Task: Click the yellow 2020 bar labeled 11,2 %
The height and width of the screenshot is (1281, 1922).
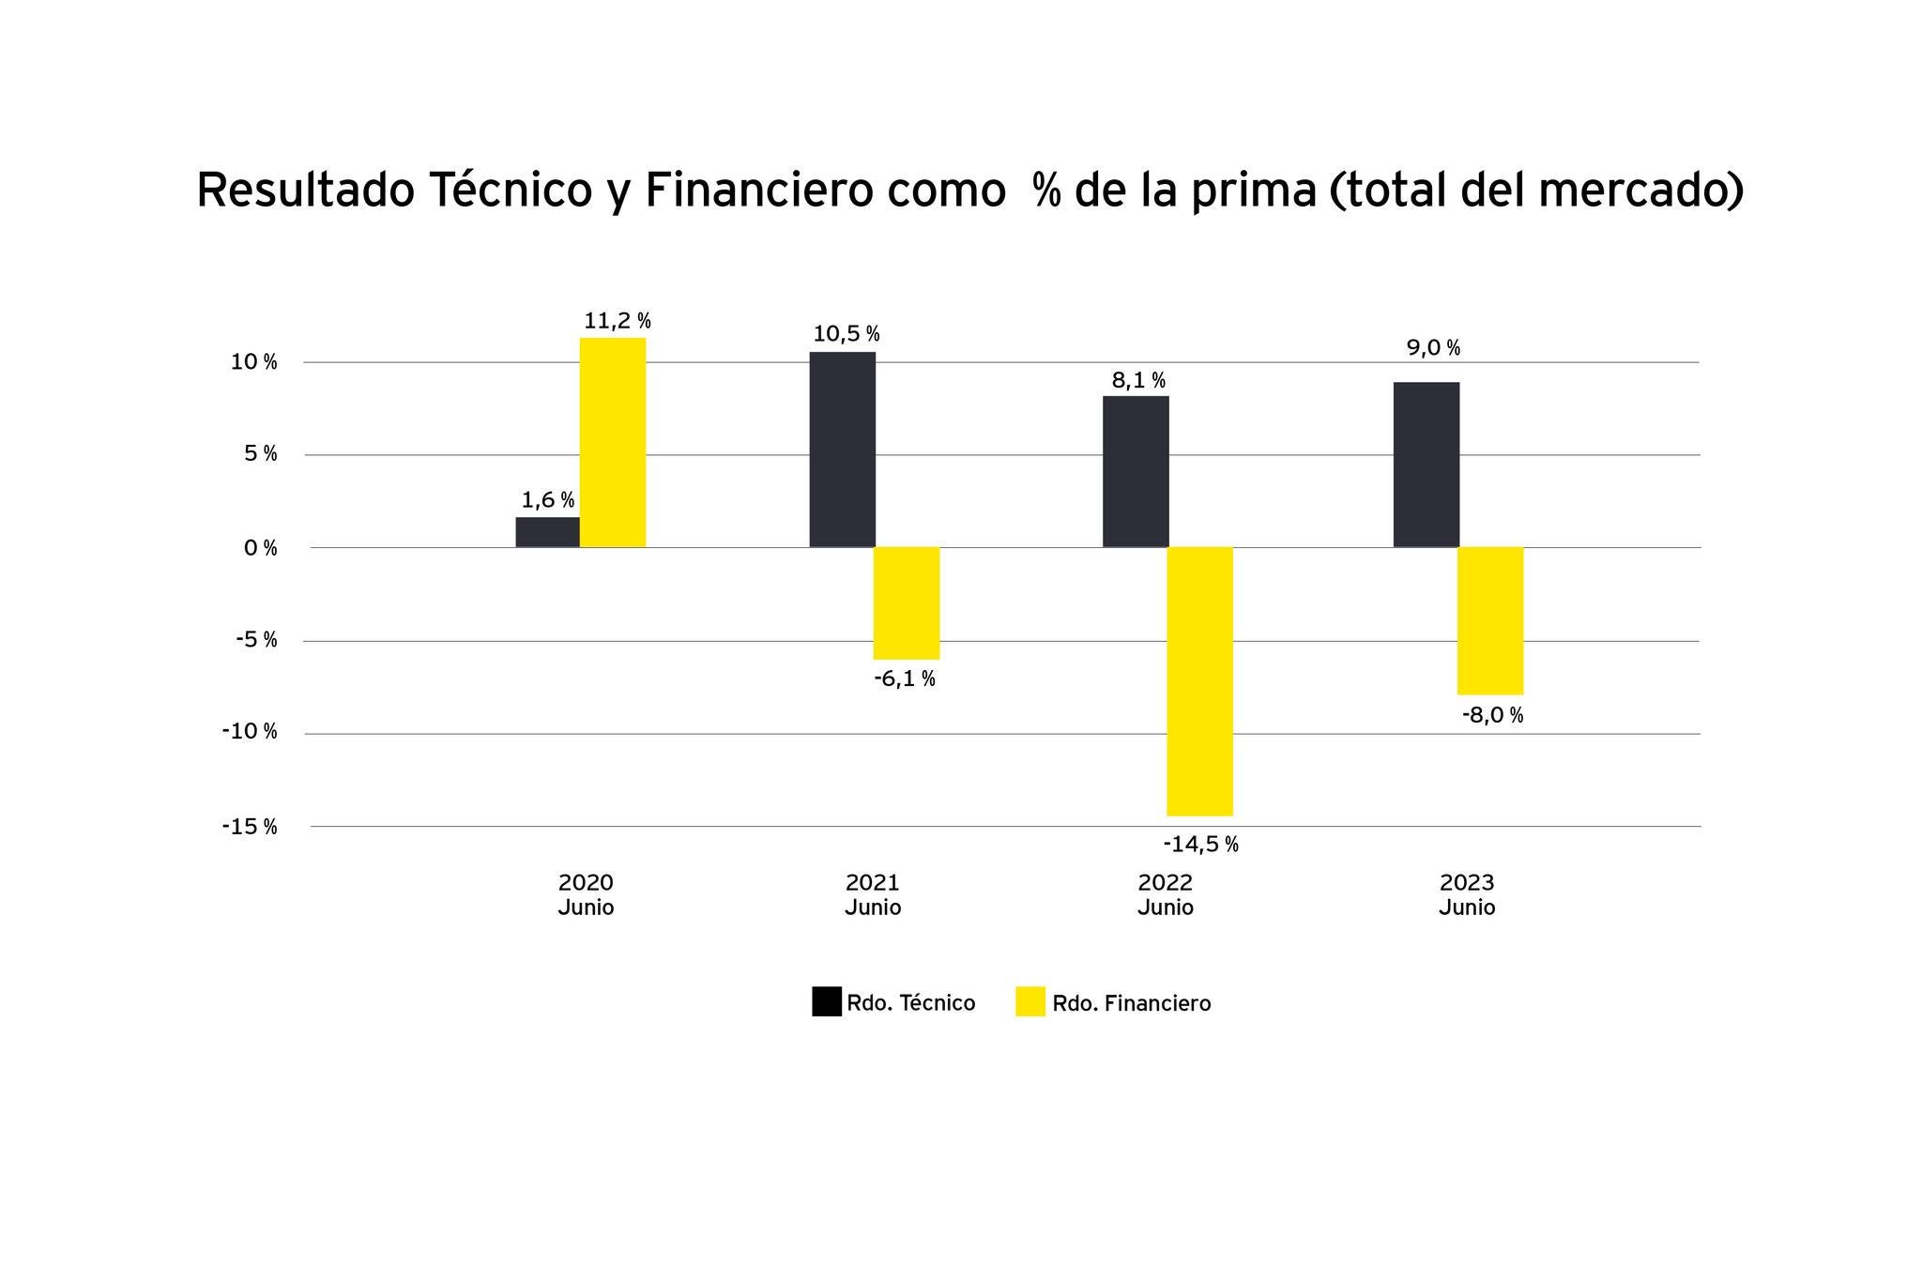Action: click(x=612, y=442)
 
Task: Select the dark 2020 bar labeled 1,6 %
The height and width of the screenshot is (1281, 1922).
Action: click(x=547, y=532)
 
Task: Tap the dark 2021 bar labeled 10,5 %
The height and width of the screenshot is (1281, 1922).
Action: click(x=842, y=450)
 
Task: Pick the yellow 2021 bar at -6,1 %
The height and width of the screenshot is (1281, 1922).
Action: click(x=906, y=602)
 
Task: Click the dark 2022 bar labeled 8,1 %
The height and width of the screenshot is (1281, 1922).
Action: click(x=1136, y=471)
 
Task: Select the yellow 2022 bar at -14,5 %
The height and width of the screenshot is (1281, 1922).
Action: click(x=1199, y=680)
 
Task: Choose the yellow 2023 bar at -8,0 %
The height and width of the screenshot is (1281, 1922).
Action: click(x=1489, y=620)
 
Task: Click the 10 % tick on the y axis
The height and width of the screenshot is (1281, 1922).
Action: click(x=254, y=362)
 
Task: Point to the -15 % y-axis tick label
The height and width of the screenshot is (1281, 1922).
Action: click(x=250, y=827)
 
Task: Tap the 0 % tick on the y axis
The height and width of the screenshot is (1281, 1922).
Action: click(x=261, y=548)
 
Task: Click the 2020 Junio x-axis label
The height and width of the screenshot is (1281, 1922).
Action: click(x=586, y=894)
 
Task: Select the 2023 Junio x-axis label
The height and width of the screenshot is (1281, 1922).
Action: click(x=1467, y=894)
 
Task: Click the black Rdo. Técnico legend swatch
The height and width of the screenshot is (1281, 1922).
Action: click(x=826, y=1002)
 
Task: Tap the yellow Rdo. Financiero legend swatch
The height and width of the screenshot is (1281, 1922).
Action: click(x=1030, y=1002)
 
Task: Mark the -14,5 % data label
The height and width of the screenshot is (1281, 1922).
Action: click(x=1200, y=845)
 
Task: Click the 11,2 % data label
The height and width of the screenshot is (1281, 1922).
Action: click(x=617, y=321)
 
